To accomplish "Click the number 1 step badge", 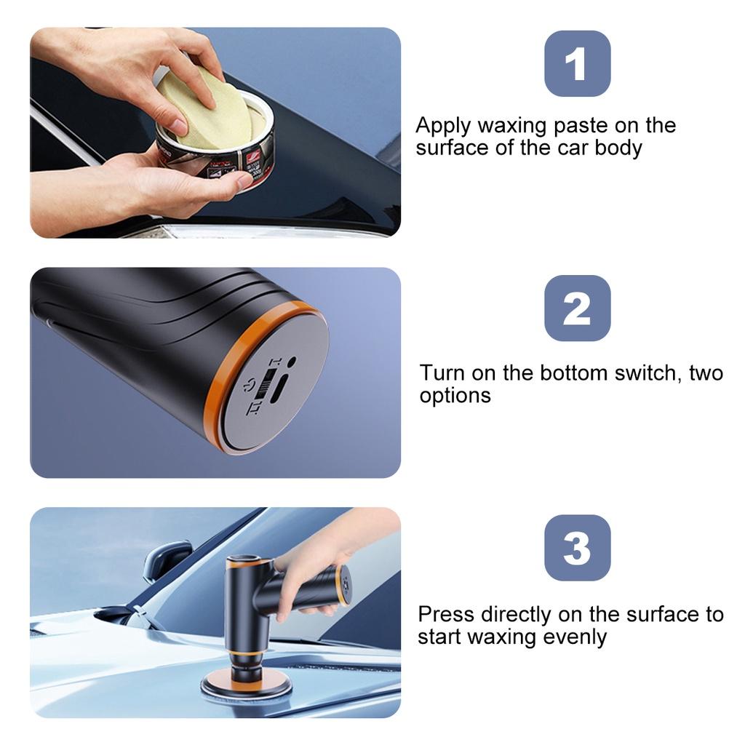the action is point(577,64).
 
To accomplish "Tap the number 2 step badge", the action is point(577,308).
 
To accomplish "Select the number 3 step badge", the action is point(577,548).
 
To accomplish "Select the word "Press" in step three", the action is point(446,614).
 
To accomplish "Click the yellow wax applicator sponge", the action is point(204,107).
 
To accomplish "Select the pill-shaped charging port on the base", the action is point(280,389).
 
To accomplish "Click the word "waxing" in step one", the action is point(512,127).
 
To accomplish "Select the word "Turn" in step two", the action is point(442,372).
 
